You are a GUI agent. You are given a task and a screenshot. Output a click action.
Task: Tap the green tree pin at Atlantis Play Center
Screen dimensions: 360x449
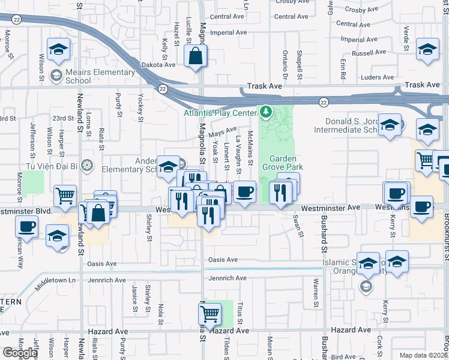[265, 112]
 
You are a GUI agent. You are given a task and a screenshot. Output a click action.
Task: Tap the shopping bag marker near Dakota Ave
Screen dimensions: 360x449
[196, 58]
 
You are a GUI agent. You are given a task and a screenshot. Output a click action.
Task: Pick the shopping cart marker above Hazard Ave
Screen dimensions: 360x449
[209, 313]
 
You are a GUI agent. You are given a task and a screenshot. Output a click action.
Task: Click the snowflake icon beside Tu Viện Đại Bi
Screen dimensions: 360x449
[88, 165]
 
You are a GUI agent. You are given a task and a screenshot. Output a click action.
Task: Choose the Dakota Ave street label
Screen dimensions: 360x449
[158, 65]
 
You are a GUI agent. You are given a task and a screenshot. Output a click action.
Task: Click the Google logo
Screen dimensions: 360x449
[20, 353]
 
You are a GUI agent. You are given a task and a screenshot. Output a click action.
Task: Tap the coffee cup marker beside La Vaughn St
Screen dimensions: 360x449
[244, 193]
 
